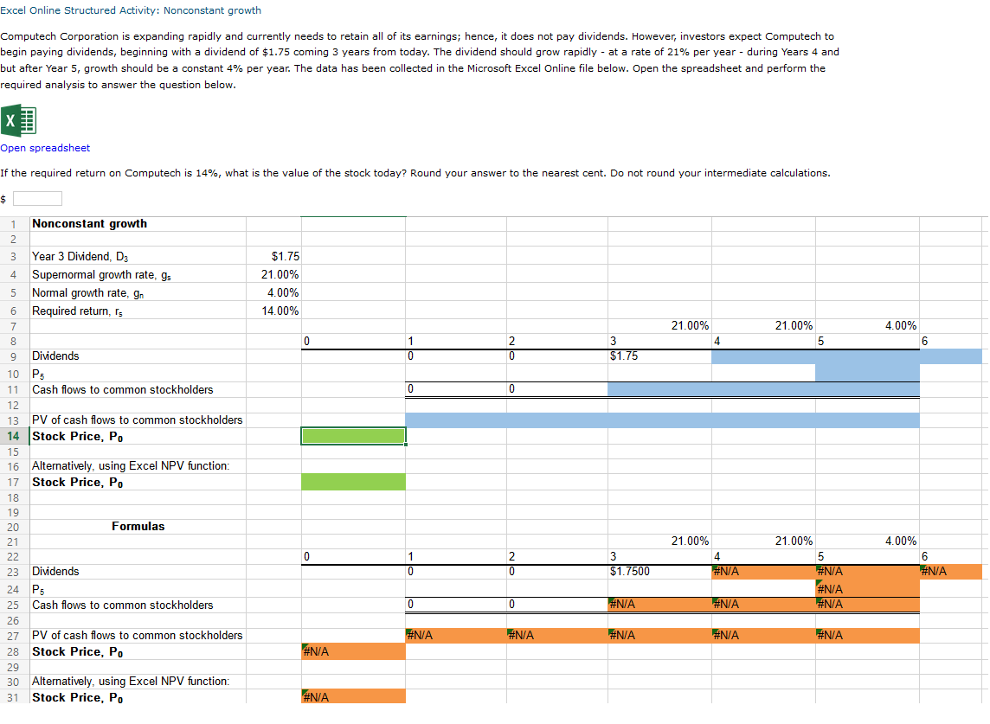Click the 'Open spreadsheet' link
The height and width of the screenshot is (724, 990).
click(45, 148)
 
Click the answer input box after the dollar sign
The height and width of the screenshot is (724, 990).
click(36, 199)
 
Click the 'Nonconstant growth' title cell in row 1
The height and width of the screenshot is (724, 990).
click(89, 223)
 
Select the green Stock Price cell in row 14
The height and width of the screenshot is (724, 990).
click(353, 436)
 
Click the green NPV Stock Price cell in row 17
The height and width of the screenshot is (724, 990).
click(353, 482)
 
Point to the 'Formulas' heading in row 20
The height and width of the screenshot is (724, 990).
click(138, 526)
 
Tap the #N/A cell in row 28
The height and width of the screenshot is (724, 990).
click(353, 651)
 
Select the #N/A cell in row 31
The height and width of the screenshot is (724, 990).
click(353, 697)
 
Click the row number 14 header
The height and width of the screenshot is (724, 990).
click(14, 436)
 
